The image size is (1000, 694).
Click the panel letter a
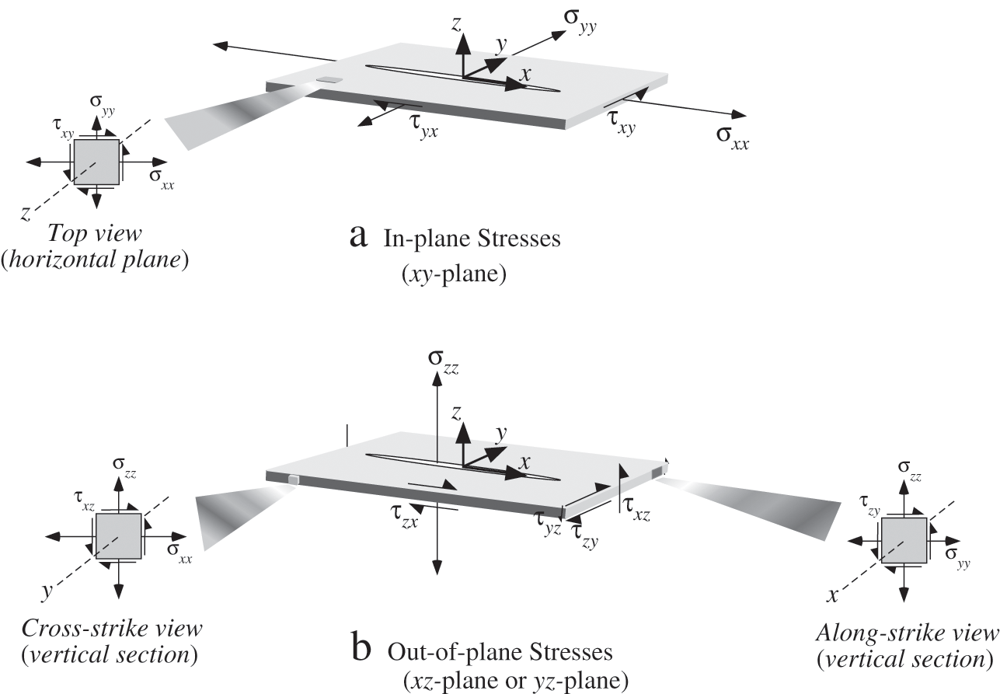(358, 237)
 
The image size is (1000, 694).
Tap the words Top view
(95, 234)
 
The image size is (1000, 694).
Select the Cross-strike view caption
(112, 629)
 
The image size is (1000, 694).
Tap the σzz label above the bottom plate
(443, 362)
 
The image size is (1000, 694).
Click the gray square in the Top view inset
(96, 162)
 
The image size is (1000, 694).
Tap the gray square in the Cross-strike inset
(119, 536)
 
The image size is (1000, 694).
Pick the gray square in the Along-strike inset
(904, 540)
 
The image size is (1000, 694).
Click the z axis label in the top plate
(456, 24)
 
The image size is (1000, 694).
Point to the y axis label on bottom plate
(501, 433)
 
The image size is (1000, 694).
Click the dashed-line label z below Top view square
(26, 214)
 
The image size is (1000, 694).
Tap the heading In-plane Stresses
(472, 239)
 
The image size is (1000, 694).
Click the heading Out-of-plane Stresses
(500, 653)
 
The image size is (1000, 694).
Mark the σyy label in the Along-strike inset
(957, 558)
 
